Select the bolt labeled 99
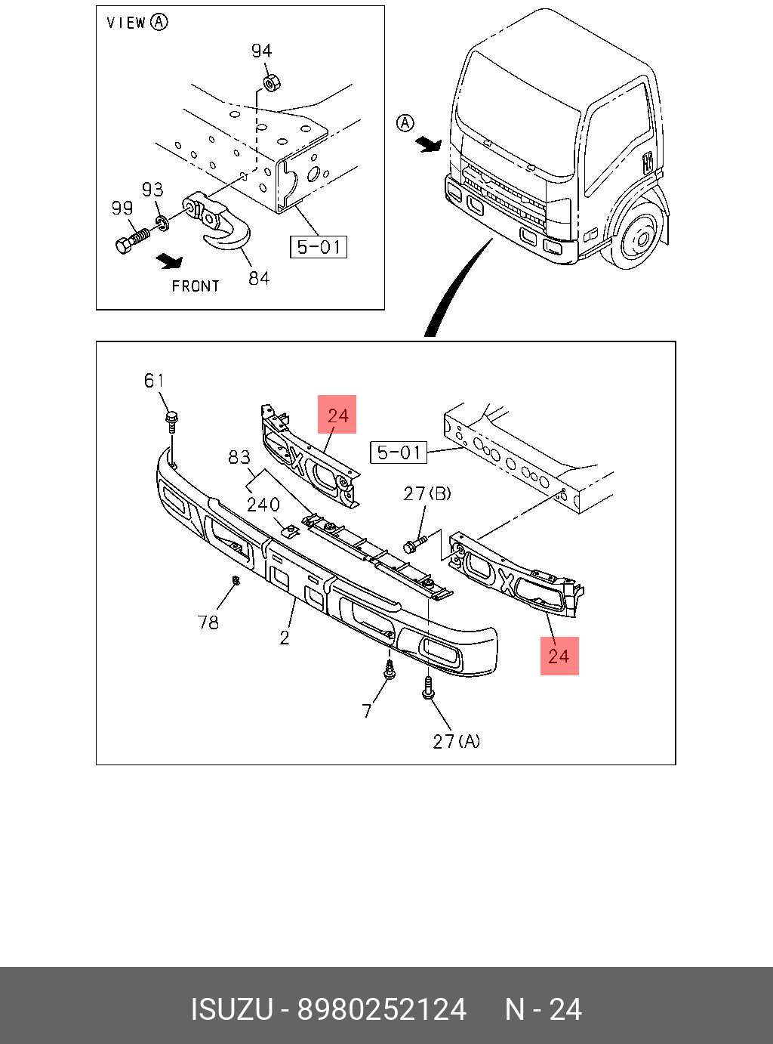pos(131,240)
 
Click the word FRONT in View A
pos(196,286)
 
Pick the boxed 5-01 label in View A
pos(319,247)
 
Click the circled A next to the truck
pos(406,122)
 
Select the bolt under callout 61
pos(172,420)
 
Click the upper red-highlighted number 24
pos(337,415)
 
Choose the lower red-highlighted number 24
pos(559,655)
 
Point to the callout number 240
pos(263,504)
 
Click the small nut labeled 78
pos(236,580)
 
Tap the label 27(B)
pos(427,493)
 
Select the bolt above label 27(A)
pos(428,687)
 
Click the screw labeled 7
pos(390,671)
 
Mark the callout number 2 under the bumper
pos(285,638)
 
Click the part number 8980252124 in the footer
pos(382,1009)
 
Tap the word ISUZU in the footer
pos(231,1009)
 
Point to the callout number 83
pos(239,457)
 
